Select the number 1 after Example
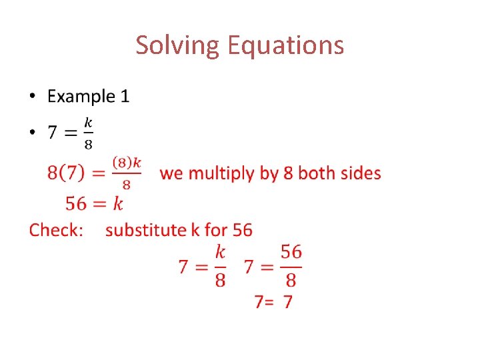125,97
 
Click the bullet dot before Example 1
33,97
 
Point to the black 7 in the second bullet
52,133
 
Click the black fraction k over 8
88,133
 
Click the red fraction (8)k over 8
127,173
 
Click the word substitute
146,230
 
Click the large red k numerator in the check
220,252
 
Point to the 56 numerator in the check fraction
291,252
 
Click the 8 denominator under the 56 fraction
291,279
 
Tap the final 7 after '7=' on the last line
287,302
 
